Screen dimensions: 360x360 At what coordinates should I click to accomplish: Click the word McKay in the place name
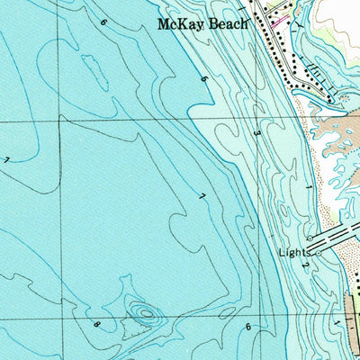[177, 24]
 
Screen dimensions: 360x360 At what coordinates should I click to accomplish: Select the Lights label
[295, 253]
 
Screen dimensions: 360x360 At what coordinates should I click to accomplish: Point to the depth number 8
[96, 321]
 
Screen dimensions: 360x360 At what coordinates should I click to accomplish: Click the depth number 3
[256, 133]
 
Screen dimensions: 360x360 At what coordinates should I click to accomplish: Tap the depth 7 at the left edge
[7, 160]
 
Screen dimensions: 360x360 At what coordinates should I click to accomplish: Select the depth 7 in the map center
[202, 196]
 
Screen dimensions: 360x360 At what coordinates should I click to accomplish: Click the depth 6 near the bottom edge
[248, 327]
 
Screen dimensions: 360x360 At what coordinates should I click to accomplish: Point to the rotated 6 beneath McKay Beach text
[204, 80]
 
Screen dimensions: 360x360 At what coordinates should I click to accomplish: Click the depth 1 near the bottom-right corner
[337, 321]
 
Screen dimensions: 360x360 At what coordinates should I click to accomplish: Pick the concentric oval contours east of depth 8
[142, 313]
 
